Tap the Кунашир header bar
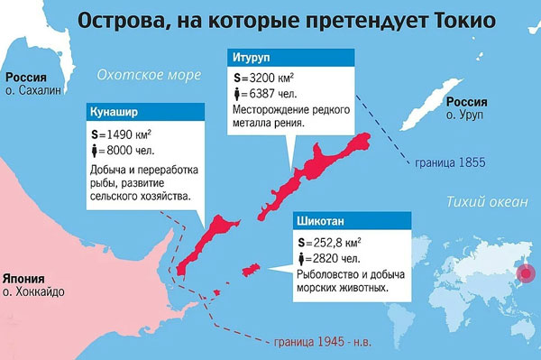coord(142,114)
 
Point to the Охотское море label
coord(149,76)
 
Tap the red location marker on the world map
coord(522,281)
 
